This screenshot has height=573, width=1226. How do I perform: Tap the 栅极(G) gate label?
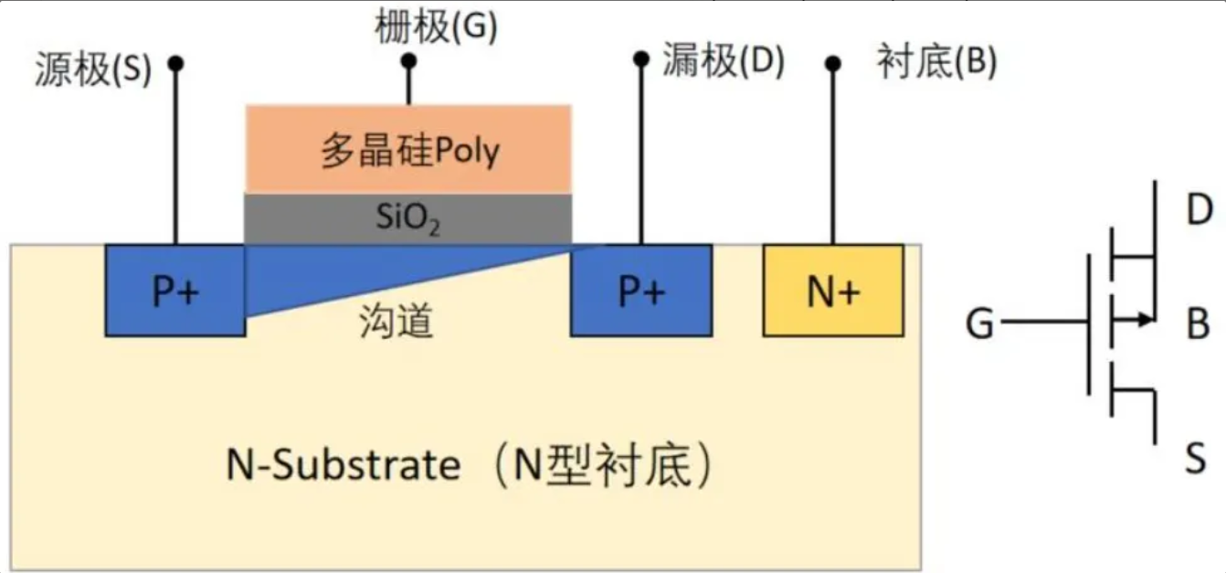(436, 28)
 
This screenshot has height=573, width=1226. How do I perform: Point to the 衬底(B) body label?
(935, 62)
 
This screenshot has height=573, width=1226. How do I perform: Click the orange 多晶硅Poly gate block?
(408, 149)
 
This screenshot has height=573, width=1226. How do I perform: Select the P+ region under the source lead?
(175, 291)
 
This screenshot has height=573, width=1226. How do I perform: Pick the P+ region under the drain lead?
(640, 291)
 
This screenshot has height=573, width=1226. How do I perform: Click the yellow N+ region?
(833, 291)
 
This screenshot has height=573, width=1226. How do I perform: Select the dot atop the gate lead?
(409, 61)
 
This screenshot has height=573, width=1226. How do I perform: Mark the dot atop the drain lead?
(640, 58)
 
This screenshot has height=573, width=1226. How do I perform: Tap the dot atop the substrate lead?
(832, 63)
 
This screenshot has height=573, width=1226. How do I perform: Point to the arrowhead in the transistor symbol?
(1145, 320)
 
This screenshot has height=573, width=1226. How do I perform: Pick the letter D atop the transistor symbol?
(1199, 211)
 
